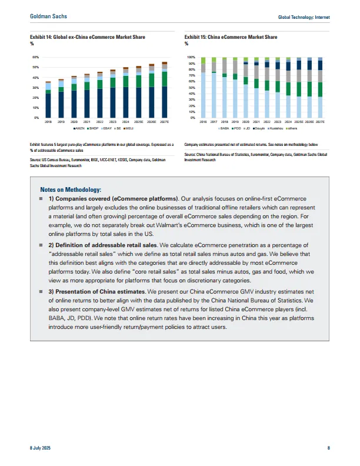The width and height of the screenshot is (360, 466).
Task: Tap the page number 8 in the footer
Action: pyautogui.click(x=328, y=448)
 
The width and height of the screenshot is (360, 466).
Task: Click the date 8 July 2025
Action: pyautogui.click(x=41, y=448)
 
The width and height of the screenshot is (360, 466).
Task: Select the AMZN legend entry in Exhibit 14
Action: pyautogui.click(x=79, y=128)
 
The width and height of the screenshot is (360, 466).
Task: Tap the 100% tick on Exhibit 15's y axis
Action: pyautogui.click(x=191, y=58)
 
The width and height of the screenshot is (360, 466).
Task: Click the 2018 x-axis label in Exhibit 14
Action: pyautogui.click(x=48, y=122)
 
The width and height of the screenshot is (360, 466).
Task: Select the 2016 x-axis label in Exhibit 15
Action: pyautogui.click(x=203, y=122)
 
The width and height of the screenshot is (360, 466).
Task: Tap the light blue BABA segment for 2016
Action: pyautogui.click(x=203, y=94)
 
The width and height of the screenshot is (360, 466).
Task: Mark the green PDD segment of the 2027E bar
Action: pyautogui.click(x=320, y=89)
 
